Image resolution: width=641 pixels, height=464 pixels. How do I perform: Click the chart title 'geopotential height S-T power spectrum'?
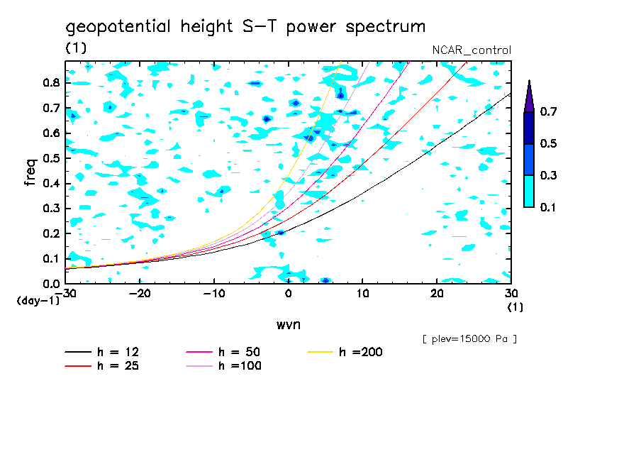(245, 27)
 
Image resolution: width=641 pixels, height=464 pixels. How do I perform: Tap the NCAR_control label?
(472, 50)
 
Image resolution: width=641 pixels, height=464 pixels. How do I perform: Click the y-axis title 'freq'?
(30, 172)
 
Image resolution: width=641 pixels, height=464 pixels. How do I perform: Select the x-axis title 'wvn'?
(288, 324)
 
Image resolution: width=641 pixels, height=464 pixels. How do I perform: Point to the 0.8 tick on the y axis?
(50, 83)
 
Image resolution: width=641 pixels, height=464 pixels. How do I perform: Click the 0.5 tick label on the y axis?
(50, 158)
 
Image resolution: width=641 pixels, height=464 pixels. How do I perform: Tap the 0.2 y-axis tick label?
(50, 233)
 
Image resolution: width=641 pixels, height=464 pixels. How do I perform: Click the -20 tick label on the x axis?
(140, 294)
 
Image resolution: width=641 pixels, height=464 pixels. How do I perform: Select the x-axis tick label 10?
(362, 294)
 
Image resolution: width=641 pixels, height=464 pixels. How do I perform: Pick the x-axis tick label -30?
(66, 294)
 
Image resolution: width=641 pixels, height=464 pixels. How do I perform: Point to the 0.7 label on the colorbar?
(547, 112)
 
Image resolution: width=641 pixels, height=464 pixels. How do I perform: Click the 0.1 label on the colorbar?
(547, 207)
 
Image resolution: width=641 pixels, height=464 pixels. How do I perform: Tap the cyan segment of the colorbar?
(529, 191)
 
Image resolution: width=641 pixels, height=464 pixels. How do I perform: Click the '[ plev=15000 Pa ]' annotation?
(469, 339)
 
